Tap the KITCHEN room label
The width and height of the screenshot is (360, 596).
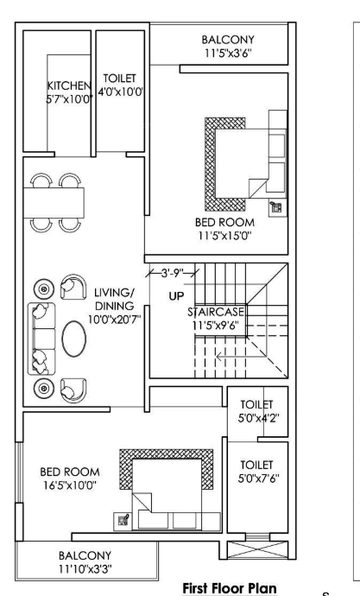click(68, 93)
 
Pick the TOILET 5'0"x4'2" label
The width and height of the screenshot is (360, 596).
click(257, 410)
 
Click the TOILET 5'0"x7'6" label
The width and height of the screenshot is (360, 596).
click(257, 471)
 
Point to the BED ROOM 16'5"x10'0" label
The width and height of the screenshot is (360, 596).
click(71, 479)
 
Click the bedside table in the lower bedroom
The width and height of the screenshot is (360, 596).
click(123, 520)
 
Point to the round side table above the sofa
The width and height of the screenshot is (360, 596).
click(41, 288)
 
